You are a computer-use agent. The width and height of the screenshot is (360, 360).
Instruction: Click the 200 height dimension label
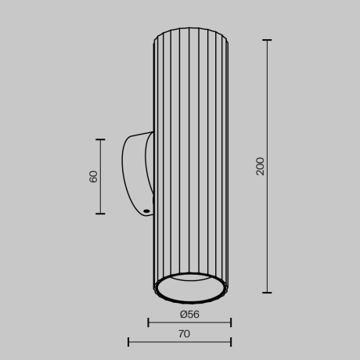(261, 166)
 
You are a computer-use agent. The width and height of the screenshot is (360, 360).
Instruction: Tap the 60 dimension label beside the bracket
(94, 176)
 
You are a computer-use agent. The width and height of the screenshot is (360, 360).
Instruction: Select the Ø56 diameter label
(189, 314)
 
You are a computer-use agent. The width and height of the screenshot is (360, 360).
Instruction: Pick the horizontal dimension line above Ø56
(189, 322)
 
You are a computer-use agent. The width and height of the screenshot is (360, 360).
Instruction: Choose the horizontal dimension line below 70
(179, 342)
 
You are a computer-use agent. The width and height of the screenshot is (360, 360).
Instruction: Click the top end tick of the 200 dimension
(268, 40)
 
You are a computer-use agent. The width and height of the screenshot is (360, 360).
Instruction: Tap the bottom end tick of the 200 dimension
(268, 293)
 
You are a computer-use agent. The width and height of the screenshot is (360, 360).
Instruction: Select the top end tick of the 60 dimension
(100, 139)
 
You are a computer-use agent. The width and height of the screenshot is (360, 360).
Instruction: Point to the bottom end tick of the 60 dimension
(100, 214)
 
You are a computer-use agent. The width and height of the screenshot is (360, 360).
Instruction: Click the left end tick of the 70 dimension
(128, 342)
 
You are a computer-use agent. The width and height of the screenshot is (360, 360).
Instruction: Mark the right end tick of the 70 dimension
(231, 342)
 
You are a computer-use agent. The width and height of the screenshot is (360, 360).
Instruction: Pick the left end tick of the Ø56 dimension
(149, 322)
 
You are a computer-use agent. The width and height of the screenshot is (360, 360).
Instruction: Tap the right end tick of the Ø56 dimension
(231, 322)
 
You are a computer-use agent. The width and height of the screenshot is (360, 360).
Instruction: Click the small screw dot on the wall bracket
(146, 211)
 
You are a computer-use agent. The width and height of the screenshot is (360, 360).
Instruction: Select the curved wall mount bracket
(135, 168)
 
